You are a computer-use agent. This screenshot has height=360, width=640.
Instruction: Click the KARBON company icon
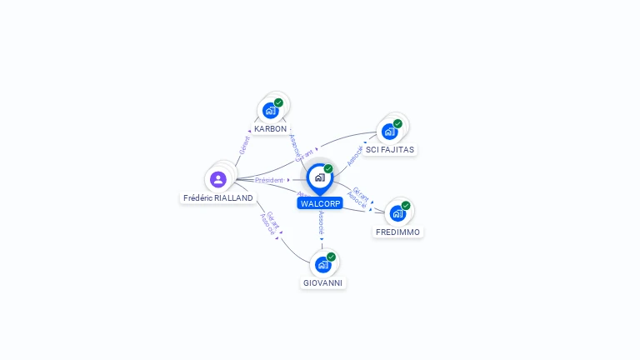[x=270, y=110]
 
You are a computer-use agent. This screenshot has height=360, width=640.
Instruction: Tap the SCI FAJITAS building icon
[x=389, y=132]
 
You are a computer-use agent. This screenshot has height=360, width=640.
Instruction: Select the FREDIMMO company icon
[x=397, y=213]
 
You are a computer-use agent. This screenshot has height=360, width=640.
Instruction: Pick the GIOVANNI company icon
[x=322, y=265]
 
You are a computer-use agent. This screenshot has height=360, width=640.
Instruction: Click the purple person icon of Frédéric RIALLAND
[x=218, y=179]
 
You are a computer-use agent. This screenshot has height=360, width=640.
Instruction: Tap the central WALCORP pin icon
[x=319, y=177]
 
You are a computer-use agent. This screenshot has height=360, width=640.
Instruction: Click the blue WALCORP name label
[x=321, y=203]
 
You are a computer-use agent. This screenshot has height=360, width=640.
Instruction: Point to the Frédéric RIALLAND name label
[x=218, y=198]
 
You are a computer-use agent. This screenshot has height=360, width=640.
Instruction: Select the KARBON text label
[x=271, y=129]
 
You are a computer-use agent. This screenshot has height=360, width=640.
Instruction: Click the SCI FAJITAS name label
[x=390, y=150]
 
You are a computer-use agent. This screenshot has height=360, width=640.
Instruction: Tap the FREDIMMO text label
[x=398, y=232]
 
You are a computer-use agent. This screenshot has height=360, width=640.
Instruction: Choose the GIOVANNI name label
[x=322, y=283]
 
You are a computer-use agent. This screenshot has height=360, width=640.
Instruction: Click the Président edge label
[x=269, y=180]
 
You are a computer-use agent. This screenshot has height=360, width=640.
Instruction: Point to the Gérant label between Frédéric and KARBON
[x=244, y=144]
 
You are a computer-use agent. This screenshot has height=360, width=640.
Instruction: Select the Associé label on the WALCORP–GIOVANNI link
[x=322, y=222]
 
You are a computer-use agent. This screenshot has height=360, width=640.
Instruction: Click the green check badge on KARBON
[x=278, y=102]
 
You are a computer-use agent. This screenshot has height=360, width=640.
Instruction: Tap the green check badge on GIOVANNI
[x=331, y=257]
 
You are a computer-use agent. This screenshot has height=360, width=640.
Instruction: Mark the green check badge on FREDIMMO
[x=406, y=206]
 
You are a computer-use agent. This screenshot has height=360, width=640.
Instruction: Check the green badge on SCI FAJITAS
[x=397, y=123]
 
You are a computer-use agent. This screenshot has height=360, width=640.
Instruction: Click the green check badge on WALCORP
[x=328, y=169]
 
